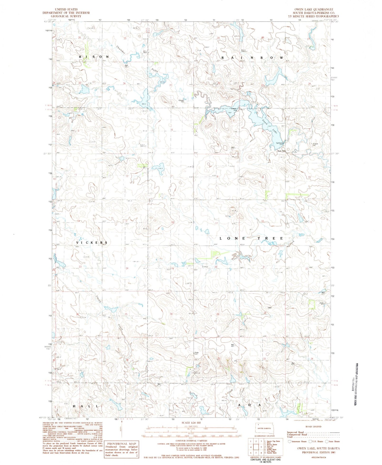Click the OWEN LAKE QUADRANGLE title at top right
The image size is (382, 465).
pyautogui.click(x=314, y=9)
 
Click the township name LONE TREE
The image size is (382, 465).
pyautogui.click(x=251, y=238)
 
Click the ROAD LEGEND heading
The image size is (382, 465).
pyautogui.click(x=313, y=426)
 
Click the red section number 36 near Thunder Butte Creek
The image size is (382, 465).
pyautogui.click(x=124, y=84)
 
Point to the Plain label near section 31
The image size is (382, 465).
pyautogui.click(x=196, y=353)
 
